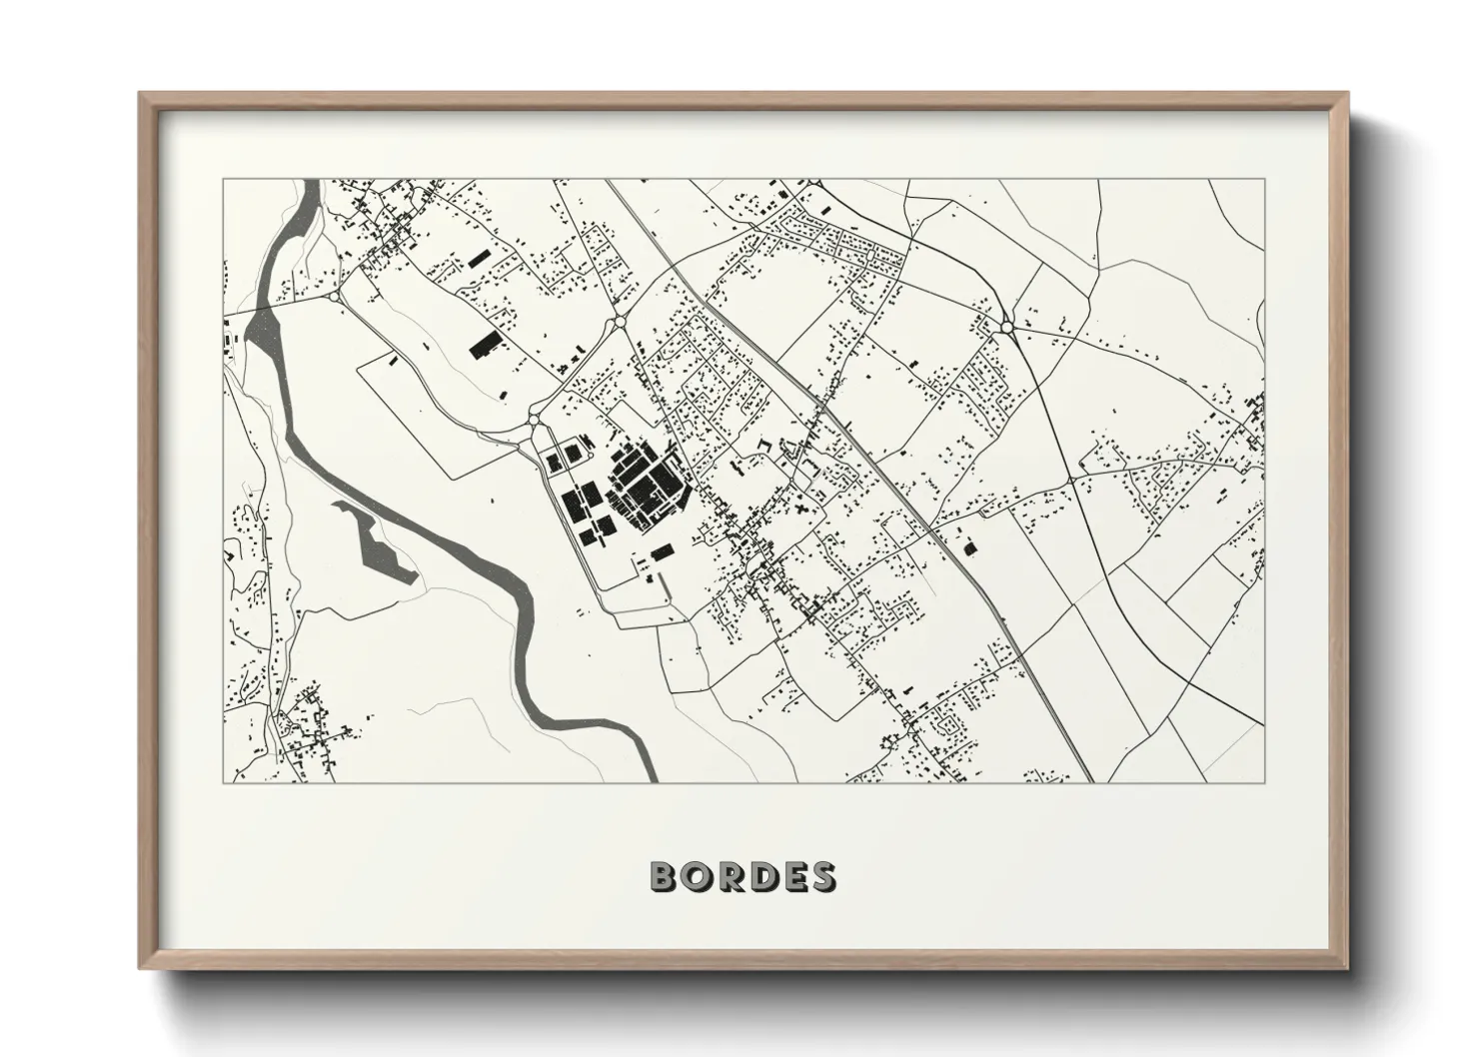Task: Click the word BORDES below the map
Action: click(743, 876)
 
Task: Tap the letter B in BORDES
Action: click(665, 876)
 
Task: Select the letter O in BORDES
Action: click(697, 876)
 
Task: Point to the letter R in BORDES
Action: click(730, 876)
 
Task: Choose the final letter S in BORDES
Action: click(822, 876)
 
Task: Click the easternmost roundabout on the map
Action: click(1006, 326)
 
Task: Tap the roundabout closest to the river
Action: click(333, 295)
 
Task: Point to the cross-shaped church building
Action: click(802, 511)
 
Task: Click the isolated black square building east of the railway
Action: click(967, 547)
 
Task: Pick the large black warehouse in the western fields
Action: click(485, 345)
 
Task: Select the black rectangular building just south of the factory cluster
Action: click(661, 551)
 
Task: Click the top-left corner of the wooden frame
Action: click(141, 95)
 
